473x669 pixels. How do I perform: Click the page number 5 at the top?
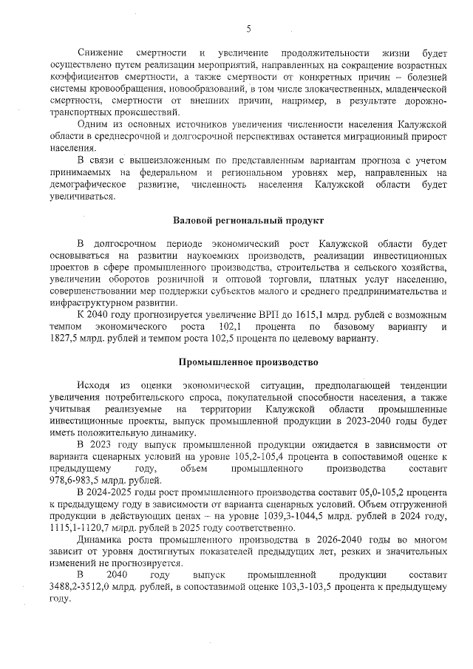pyautogui.click(x=248, y=29)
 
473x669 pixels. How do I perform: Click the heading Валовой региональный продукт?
pyautogui.click(x=248, y=221)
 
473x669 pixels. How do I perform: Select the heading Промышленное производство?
pyautogui.click(x=248, y=363)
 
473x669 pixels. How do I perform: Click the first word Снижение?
pyautogui.click(x=100, y=54)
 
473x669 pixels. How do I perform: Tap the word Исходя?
pyautogui.click(x=94, y=386)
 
